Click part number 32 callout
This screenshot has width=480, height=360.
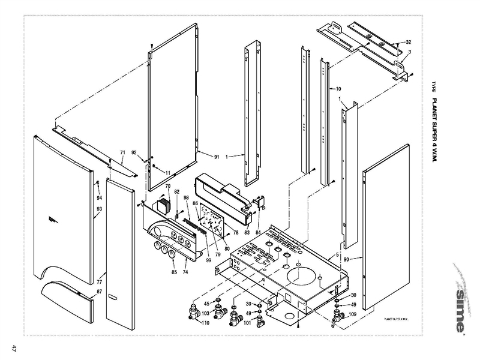[408, 43]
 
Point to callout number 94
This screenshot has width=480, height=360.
[99, 197]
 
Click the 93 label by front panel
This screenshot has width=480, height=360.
[99, 209]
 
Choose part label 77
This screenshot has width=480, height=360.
[99, 280]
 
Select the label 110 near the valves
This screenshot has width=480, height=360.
[206, 323]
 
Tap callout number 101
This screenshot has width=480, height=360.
[247, 323]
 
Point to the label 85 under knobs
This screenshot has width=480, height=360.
[175, 273]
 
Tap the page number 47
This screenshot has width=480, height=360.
[11, 349]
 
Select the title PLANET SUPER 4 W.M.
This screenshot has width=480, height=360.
[436, 130]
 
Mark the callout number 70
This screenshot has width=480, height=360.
[168, 187]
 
